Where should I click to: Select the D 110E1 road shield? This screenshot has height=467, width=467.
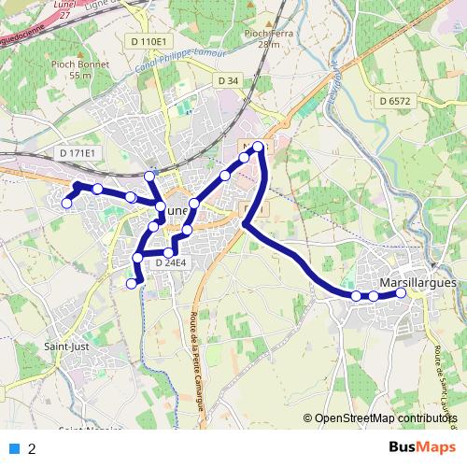click(149, 42)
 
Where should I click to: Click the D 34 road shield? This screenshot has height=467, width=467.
click(228, 81)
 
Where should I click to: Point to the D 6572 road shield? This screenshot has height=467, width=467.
click(396, 100)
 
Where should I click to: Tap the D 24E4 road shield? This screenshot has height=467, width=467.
click(171, 263)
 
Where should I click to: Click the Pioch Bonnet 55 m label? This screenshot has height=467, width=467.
click(81, 69)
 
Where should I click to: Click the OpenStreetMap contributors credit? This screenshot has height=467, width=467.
click(385, 419)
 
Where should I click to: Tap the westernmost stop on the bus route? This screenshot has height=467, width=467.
click(66, 203)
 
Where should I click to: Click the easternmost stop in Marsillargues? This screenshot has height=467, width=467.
click(402, 292)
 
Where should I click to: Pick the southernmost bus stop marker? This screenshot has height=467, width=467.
click(132, 283)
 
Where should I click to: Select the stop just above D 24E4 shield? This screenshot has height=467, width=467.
click(169, 252)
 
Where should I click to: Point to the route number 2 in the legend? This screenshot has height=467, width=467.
click(32, 448)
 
